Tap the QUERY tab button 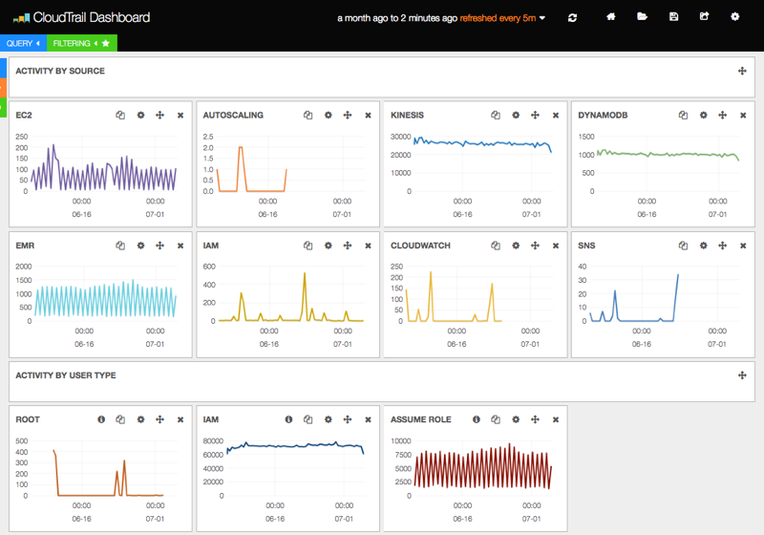pos(20,43)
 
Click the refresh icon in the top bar pos(572,17)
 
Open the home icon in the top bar pos(611,17)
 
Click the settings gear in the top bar pos(734,17)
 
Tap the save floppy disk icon pos(674,17)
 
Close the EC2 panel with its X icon pos(180,116)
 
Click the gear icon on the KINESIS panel pos(516,116)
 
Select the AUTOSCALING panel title pos(233,116)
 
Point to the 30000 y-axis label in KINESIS pos(399,137)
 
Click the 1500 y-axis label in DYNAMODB pos(586,137)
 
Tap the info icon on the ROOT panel pos(101,419)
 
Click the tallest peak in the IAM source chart pos(305,273)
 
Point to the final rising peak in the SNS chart pos(678,275)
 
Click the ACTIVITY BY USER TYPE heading pos(66,375)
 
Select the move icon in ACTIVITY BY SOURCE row pos(742,71)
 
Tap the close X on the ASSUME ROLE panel pos(555,419)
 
